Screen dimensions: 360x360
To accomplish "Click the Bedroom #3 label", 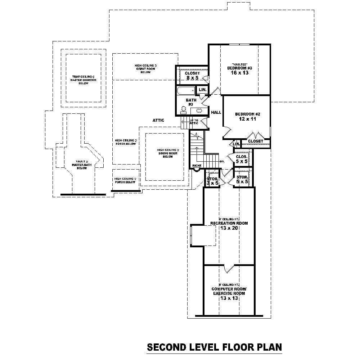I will coord(239,68).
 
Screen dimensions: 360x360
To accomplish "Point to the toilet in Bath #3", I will coord(184,109).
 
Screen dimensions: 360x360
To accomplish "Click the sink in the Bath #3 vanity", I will coord(199,110).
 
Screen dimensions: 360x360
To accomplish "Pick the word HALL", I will coord(216,112).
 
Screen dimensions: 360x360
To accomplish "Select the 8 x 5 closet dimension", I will coord(192,78).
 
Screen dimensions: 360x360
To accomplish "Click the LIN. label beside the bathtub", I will coord(202,90).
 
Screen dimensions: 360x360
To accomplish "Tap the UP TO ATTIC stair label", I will coord(194,122).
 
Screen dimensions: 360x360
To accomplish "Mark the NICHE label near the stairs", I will coord(197,166).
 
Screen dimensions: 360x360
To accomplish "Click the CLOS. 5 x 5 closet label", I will coord(242,159).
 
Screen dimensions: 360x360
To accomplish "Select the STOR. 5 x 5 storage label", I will coord(242,180).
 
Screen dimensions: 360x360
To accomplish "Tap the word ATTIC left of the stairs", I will coord(158,120).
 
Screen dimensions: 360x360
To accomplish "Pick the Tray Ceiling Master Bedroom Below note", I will coord(83,80).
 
